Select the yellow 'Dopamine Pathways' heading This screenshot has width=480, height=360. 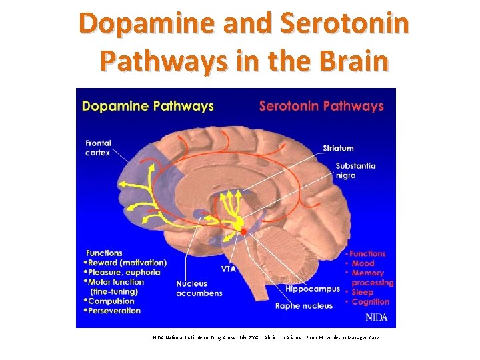pos(147,105)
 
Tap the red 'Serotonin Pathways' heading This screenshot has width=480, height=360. pos(321,105)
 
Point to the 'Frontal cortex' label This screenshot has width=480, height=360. pos(99,147)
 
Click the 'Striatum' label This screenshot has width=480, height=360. pos(338,148)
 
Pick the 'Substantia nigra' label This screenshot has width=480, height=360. pos(355,171)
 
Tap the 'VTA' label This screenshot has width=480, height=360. pos(228,269)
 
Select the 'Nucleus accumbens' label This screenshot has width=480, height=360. pos(199,288)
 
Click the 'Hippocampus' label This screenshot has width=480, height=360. pos(312,289)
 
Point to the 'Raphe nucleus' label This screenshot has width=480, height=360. pos(304,306)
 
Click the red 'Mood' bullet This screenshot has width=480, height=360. pos(363,263)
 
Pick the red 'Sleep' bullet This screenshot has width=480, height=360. pos(362,292)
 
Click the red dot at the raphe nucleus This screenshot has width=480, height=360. pos(244,231)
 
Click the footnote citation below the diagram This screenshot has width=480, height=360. pos(265,338)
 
